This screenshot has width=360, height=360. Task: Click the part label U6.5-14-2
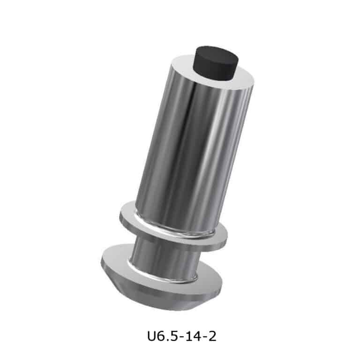[181, 337]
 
